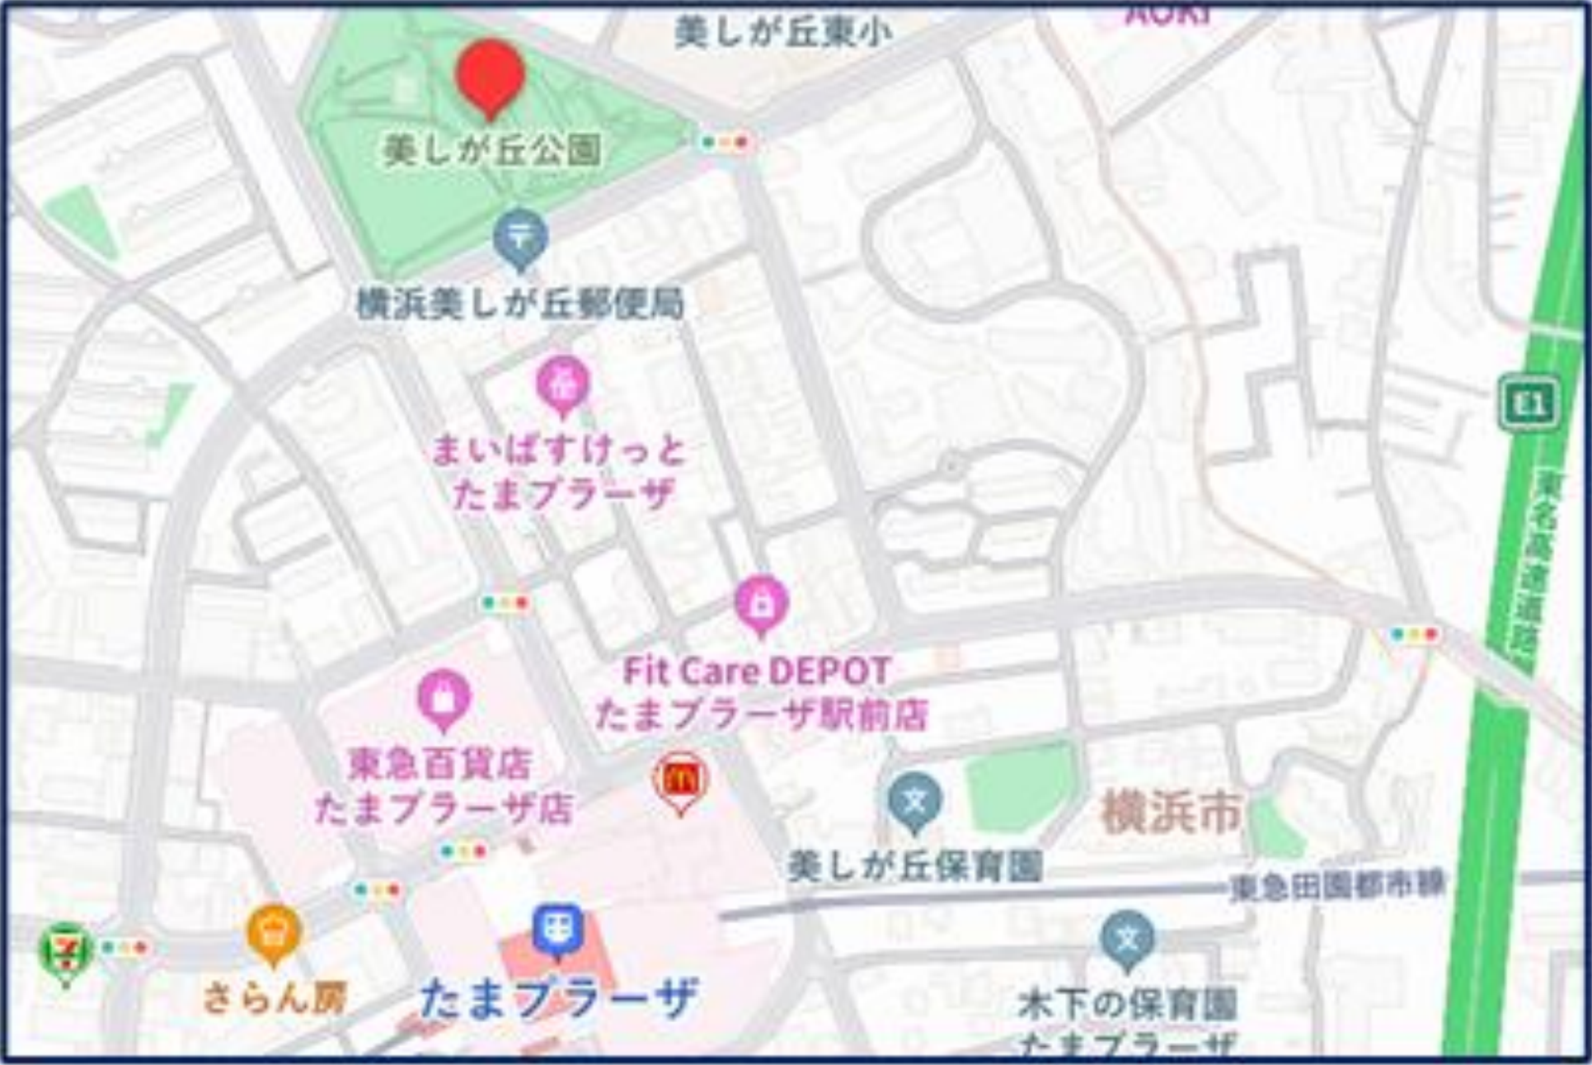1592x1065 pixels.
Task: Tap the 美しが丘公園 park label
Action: point(492,151)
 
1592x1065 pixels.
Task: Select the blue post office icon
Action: point(521,238)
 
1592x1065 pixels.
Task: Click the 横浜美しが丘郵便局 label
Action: point(520,304)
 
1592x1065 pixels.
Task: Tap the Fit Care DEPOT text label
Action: point(757,672)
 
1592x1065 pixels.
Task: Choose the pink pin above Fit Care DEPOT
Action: point(761,605)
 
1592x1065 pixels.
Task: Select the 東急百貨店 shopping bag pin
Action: point(444,699)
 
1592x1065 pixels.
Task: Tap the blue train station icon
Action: point(558,930)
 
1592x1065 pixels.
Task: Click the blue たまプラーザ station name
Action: point(558,999)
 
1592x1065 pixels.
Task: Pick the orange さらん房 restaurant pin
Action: point(275,933)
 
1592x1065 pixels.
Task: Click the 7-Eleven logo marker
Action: point(66,952)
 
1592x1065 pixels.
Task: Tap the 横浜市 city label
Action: point(1172,812)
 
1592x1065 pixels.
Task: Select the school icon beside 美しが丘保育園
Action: point(915,801)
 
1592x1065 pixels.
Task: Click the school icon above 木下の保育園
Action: point(1127,940)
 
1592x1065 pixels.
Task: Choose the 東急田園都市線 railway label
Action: point(1336,886)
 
